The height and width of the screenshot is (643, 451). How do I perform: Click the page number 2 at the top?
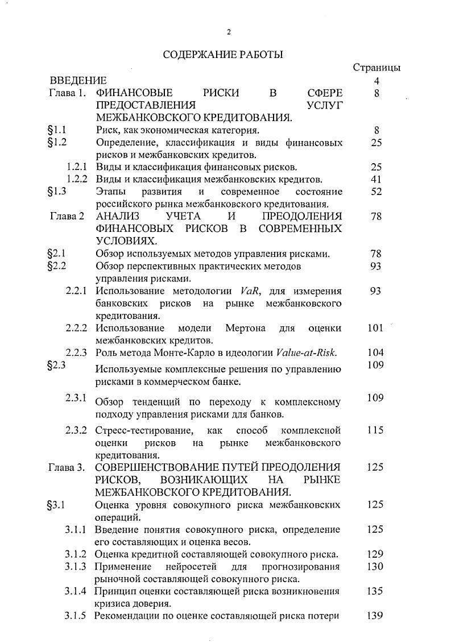tap(229, 32)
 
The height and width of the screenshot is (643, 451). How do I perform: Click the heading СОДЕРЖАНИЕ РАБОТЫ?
tap(223, 55)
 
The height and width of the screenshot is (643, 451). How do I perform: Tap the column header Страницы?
tap(376, 67)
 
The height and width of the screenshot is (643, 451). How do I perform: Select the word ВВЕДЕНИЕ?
tap(78, 80)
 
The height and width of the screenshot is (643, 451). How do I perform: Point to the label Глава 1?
tap(67, 93)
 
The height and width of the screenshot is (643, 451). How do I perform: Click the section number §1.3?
tap(57, 192)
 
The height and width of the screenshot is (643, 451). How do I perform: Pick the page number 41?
tap(375, 179)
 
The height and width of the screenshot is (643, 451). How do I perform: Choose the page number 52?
tap(375, 192)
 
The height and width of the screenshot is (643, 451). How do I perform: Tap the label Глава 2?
tap(67, 216)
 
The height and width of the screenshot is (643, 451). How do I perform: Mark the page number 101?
tap(375, 328)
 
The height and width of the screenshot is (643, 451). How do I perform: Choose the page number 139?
tap(375, 616)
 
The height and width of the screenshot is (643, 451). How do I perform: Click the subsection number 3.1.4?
tap(76, 591)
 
